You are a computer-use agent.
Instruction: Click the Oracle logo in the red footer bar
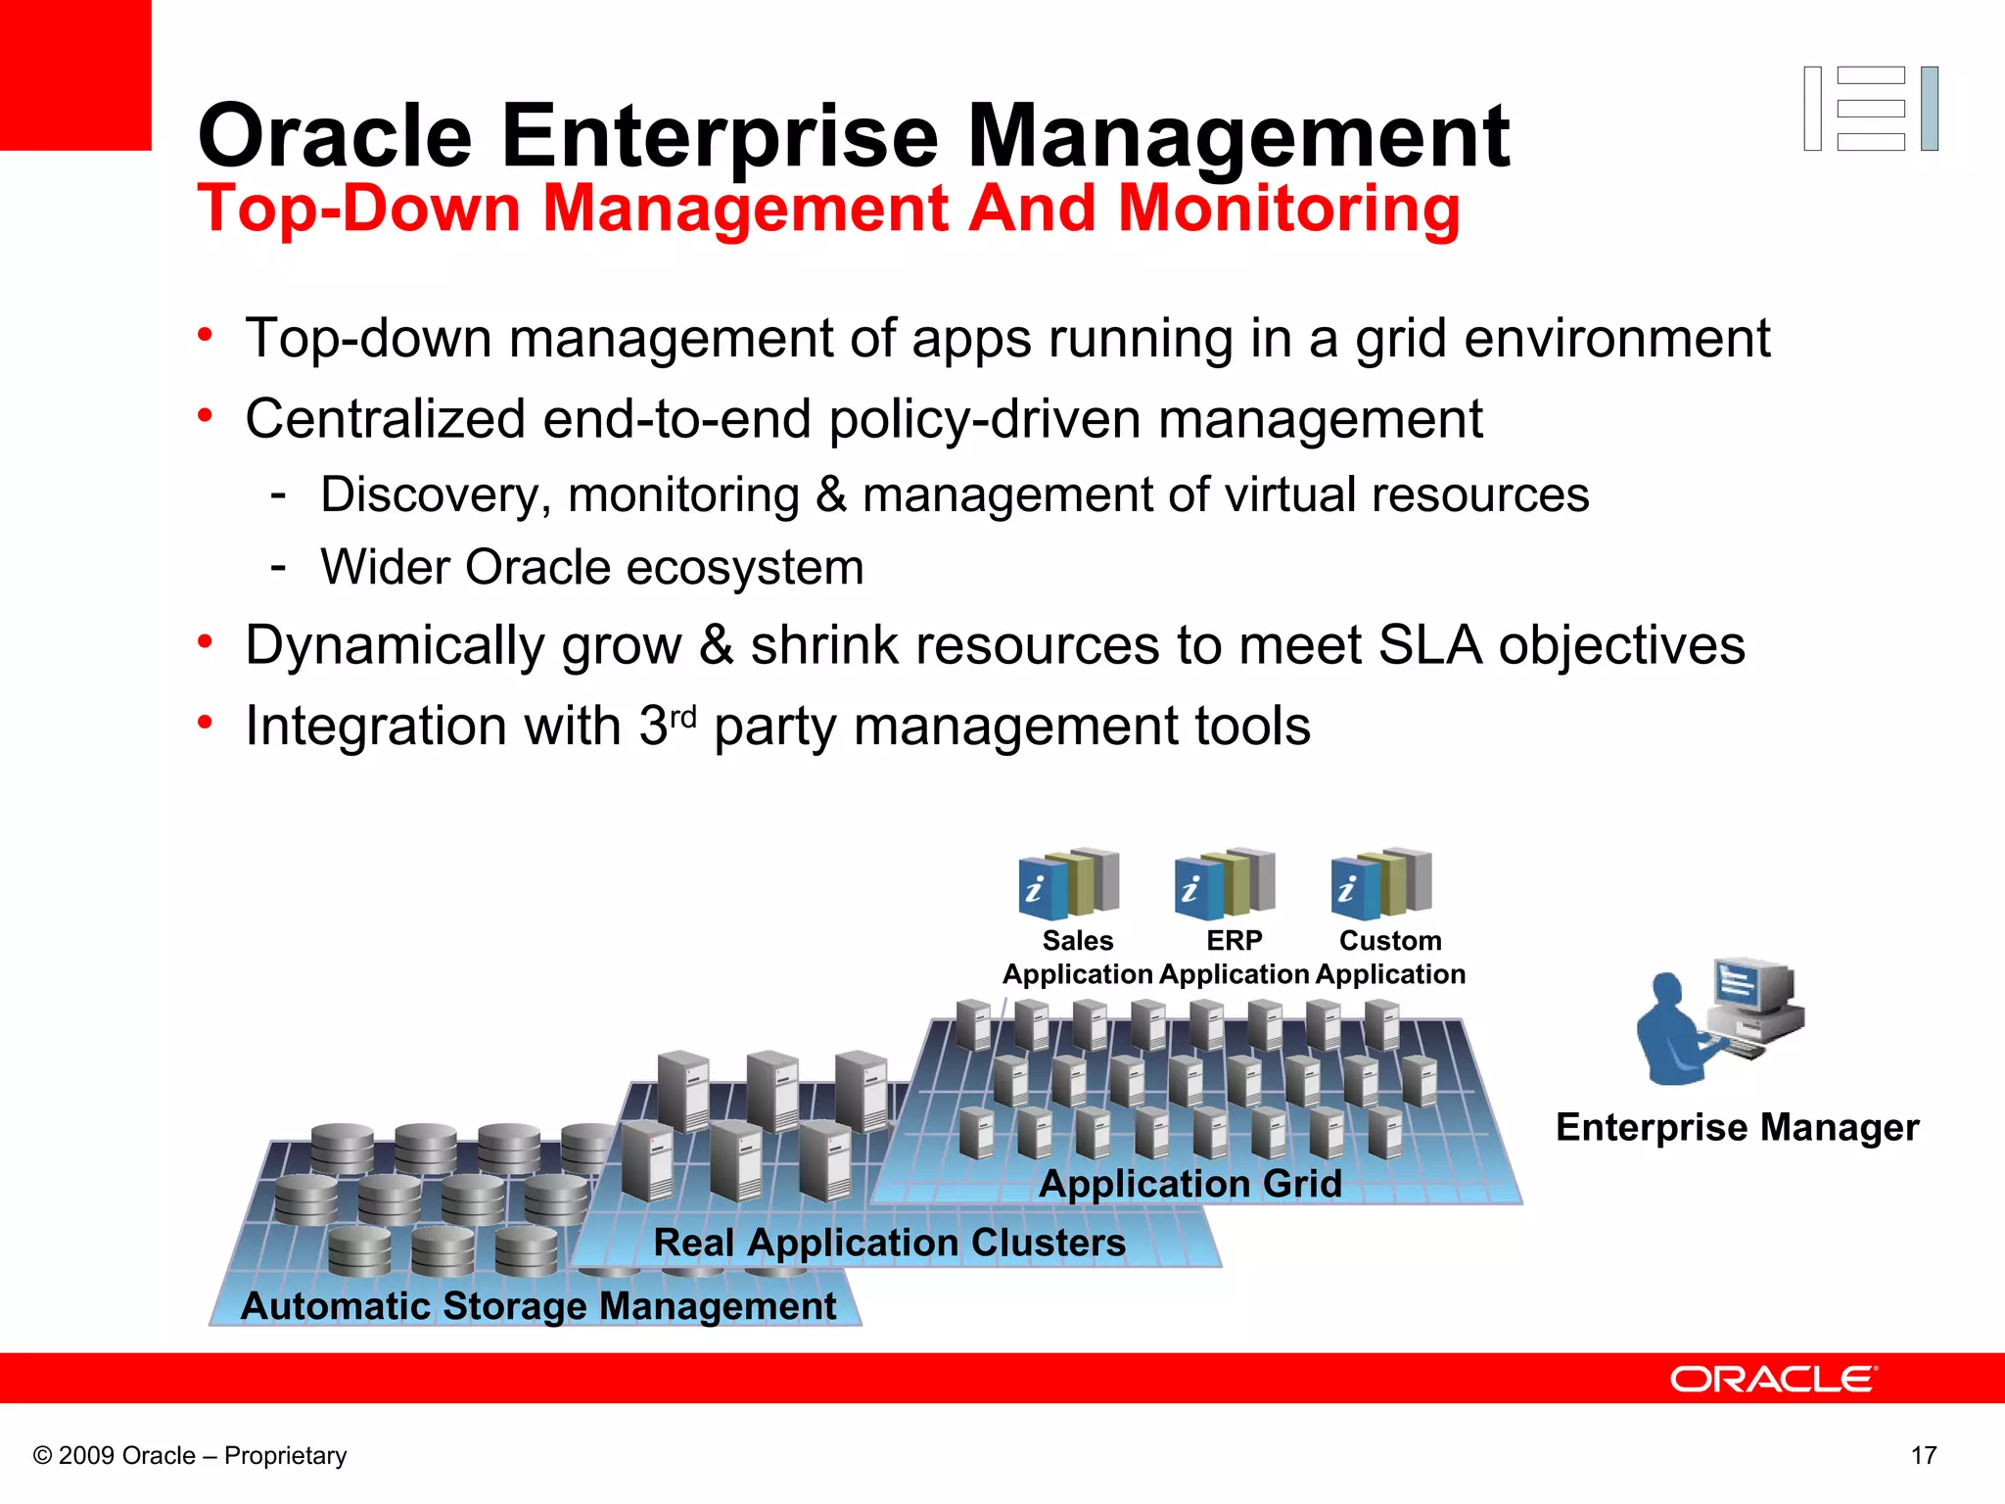pyautogui.click(x=1773, y=1379)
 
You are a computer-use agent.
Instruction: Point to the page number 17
pyautogui.click(x=1923, y=1455)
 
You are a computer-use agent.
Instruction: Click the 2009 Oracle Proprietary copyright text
pyautogui.click(x=190, y=1455)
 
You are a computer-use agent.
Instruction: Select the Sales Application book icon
pyautogui.click(x=1068, y=883)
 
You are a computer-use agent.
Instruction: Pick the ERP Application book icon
pyautogui.click(x=1225, y=883)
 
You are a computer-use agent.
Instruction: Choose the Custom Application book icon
pyautogui.click(x=1381, y=883)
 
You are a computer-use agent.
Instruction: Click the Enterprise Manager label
pyautogui.click(x=1737, y=1127)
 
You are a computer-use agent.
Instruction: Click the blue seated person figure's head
pyautogui.click(x=1666, y=989)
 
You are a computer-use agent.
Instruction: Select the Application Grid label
pyautogui.click(x=1189, y=1184)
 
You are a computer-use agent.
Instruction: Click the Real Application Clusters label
pyautogui.click(x=889, y=1243)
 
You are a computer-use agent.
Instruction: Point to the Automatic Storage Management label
pyautogui.click(x=538, y=1306)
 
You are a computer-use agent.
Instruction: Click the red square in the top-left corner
pyautogui.click(x=75, y=74)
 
